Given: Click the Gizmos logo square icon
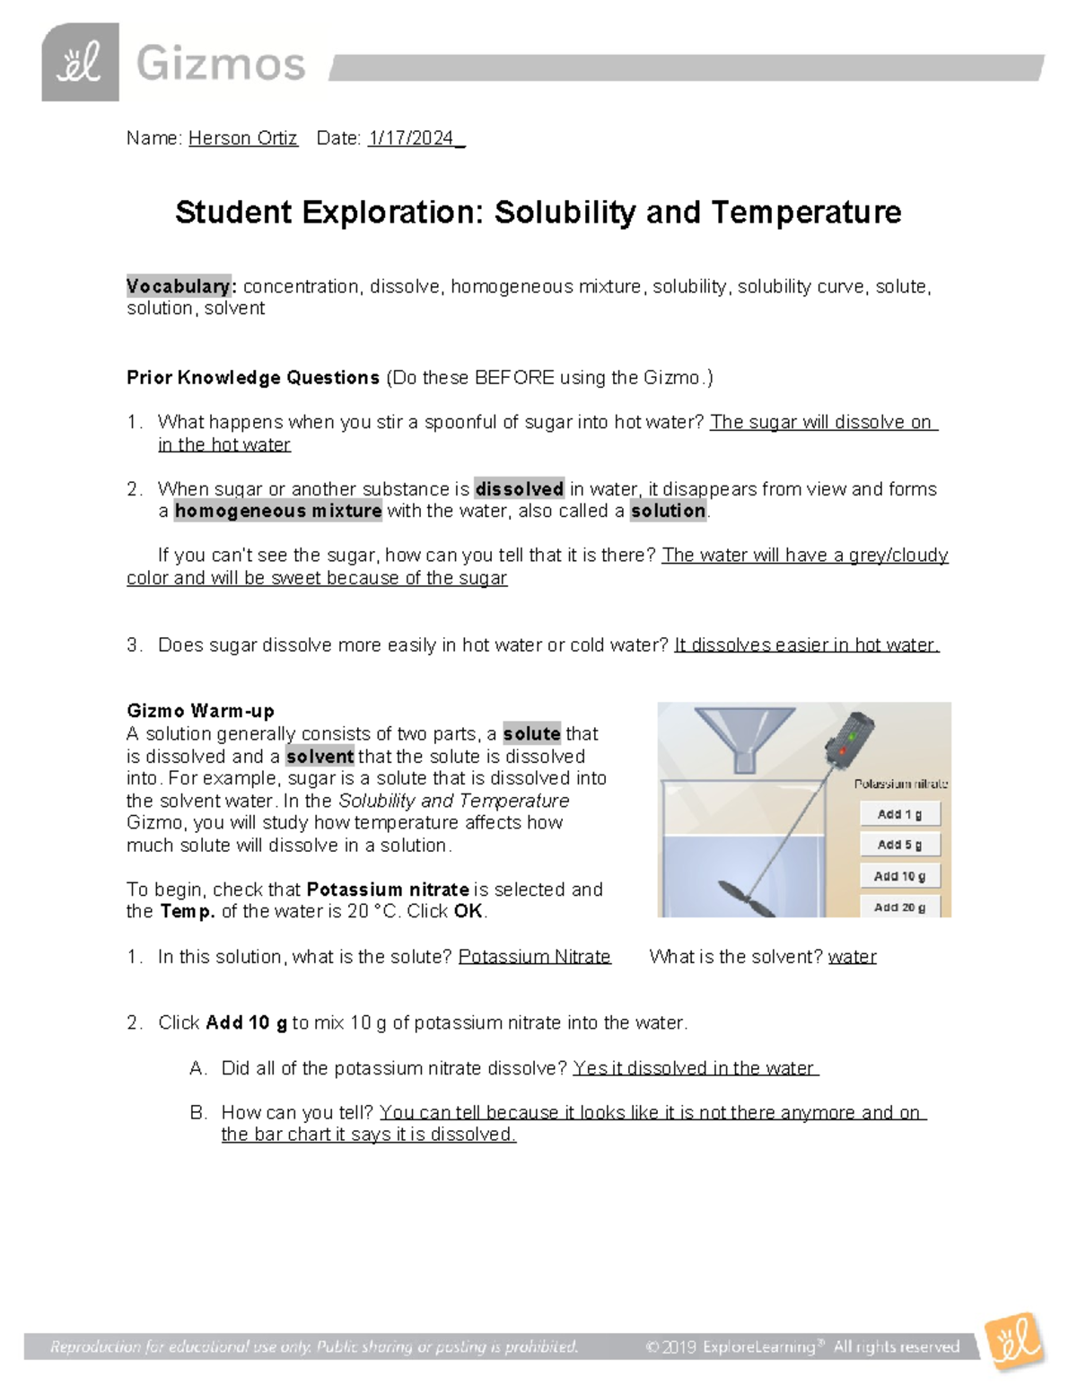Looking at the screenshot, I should [80, 63].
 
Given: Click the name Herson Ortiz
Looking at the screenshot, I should [242, 138].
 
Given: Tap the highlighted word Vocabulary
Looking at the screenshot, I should [179, 286].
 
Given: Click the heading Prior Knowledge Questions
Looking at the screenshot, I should [253, 378].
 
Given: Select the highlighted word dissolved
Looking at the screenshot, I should [519, 489].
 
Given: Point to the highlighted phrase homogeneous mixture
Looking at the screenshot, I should [278, 512].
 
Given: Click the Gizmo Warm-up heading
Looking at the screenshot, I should [200, 712].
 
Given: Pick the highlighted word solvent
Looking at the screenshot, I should [320, 757].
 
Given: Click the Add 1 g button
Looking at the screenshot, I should [899, 814].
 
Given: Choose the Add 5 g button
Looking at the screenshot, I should [899, 845].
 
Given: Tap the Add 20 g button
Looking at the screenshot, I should [899, 907].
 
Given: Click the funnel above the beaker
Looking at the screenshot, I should [746, 734].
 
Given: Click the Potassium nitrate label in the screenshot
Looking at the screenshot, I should [900, 784].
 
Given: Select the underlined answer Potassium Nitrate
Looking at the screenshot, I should [534, 957].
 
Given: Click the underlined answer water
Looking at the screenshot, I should [852, 957].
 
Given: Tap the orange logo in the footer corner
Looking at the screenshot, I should [1015, 1344].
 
